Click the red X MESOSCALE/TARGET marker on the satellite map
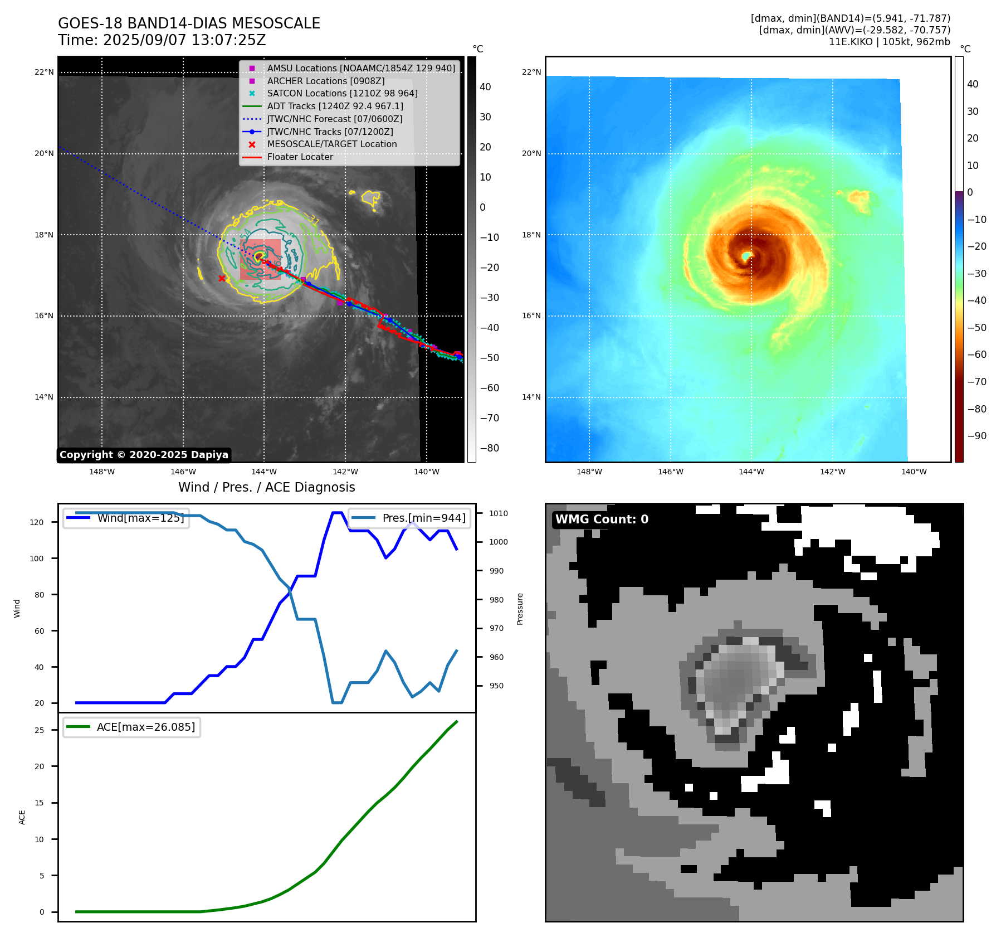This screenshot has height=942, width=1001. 222,278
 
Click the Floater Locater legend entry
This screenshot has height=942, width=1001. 300,157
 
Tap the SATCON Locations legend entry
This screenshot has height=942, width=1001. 342,94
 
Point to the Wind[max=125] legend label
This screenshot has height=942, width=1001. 140,518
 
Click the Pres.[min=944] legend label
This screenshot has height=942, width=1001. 423,518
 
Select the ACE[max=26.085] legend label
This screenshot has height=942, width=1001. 146,727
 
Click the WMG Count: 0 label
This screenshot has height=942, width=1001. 602,519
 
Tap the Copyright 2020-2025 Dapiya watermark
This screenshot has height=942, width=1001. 144,455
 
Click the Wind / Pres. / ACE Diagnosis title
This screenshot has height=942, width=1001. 266,487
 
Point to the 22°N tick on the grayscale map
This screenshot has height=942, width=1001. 45,72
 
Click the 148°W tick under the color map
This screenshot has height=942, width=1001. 589,472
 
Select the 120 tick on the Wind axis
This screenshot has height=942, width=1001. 37,522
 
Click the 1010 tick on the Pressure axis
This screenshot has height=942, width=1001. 499,513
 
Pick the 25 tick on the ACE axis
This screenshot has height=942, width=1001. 40,730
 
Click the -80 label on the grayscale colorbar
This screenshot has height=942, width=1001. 490,448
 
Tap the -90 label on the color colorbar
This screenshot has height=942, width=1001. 976,436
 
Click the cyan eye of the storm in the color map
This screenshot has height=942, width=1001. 746,255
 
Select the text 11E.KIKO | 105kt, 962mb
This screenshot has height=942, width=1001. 889,42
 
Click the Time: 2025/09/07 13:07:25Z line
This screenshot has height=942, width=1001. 162,41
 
